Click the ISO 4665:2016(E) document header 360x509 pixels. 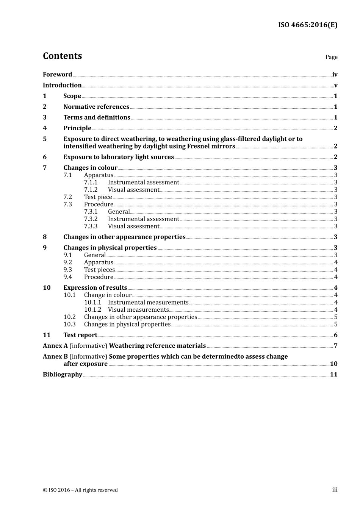click(307, 25)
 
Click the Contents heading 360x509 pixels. click(62, 56)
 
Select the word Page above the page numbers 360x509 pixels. click(331, 57)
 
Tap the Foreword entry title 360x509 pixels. click(57, 75)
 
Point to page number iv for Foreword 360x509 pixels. click(335, 75)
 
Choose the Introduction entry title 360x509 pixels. click(62, 85)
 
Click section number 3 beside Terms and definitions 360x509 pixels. click(45, 117)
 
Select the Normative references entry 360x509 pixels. click(96, 107)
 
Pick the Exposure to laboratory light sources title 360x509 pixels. click(119, 157)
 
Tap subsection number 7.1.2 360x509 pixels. click(91, 190)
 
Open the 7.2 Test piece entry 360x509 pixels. click(98, 197)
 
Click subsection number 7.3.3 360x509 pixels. click(91, 226)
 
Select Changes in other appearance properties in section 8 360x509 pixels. click(124, 237)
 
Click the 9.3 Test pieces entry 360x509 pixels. click(99, 270)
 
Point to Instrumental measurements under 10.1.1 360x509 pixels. click(148, 303)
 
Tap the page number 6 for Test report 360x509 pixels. click(335, 335)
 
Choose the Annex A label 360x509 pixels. click(55, 346)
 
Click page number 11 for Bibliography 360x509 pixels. click(333, 375)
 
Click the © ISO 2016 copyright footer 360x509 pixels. click(80, 490)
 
